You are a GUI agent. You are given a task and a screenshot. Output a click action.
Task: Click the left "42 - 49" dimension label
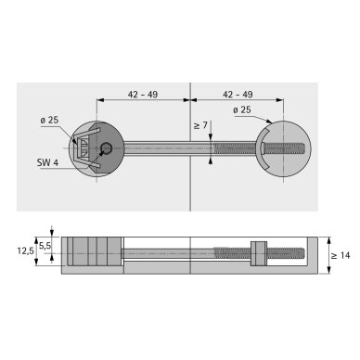click(x=143, y=95)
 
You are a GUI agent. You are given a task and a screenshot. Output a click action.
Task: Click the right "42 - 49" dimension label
click(x=238, y=95)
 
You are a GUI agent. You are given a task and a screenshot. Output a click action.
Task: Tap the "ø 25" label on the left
click(x=49, y=120)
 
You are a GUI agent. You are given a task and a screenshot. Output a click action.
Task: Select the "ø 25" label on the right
click(x=242, y=109)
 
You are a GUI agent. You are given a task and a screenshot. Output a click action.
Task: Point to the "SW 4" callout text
click(x=47, y=162)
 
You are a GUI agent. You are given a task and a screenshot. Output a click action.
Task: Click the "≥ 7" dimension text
click(x=200, y=125)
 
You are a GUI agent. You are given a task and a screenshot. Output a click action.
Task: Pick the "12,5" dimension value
click(x=25, y=251)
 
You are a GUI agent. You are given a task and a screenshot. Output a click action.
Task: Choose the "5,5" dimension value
click(x=45, y=246)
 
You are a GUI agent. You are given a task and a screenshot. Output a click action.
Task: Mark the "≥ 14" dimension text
click(x=341, y=255)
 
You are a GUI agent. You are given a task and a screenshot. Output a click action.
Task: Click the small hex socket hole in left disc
click(x=107, y=148)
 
